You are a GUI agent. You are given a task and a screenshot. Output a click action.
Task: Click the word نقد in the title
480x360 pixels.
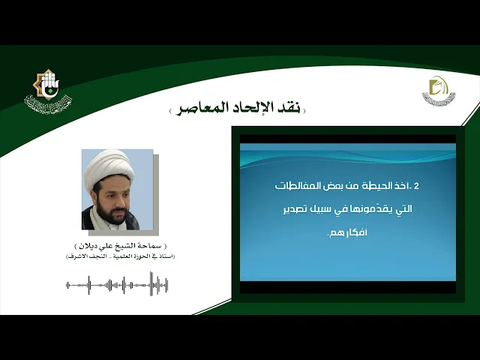click(x=287, y=108)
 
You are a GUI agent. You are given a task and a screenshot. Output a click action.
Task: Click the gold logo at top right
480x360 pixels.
click(x=439, y=91)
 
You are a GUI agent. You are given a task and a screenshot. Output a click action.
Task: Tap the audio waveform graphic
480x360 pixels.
click(x=117, y=284)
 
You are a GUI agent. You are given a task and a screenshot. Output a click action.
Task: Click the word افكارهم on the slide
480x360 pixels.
click(x=344, y=233)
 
